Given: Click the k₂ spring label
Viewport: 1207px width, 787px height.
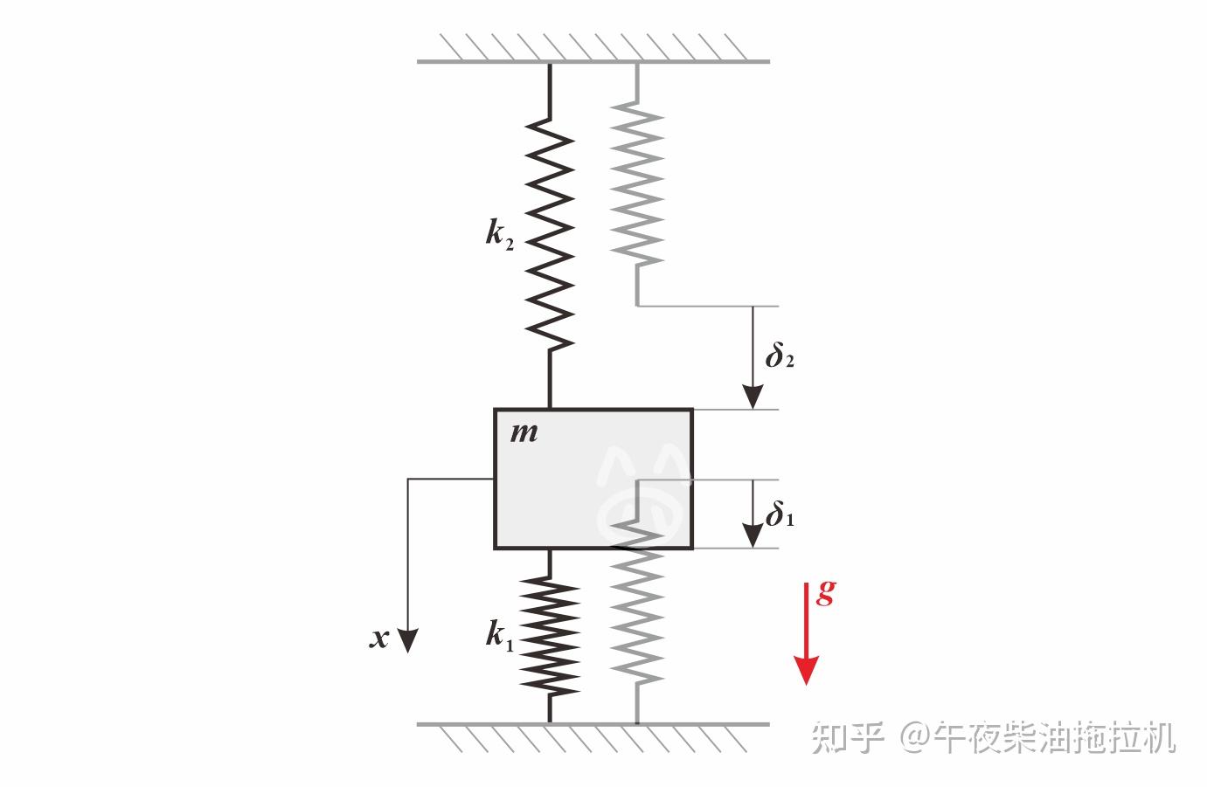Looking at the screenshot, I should (x=499, y=234).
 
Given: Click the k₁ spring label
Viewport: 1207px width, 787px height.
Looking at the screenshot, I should (x=499, y=636).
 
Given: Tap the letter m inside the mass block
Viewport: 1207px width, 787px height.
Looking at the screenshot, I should (x=524, y=431).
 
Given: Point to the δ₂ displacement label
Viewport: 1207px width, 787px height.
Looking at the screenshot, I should (x=779, y=357).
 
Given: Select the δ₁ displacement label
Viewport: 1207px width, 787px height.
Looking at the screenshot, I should (x=780, y=516).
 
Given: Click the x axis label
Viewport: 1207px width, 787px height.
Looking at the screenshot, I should (x=378, y=639).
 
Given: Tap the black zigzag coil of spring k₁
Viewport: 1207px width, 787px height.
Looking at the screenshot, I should (x=550, y=636).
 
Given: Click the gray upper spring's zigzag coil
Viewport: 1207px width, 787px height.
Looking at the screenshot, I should (x=637, y=183).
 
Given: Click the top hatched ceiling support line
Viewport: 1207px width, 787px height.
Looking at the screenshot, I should (x=593, y=61).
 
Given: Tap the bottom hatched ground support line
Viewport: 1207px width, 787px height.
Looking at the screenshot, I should (x=593, y=724).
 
